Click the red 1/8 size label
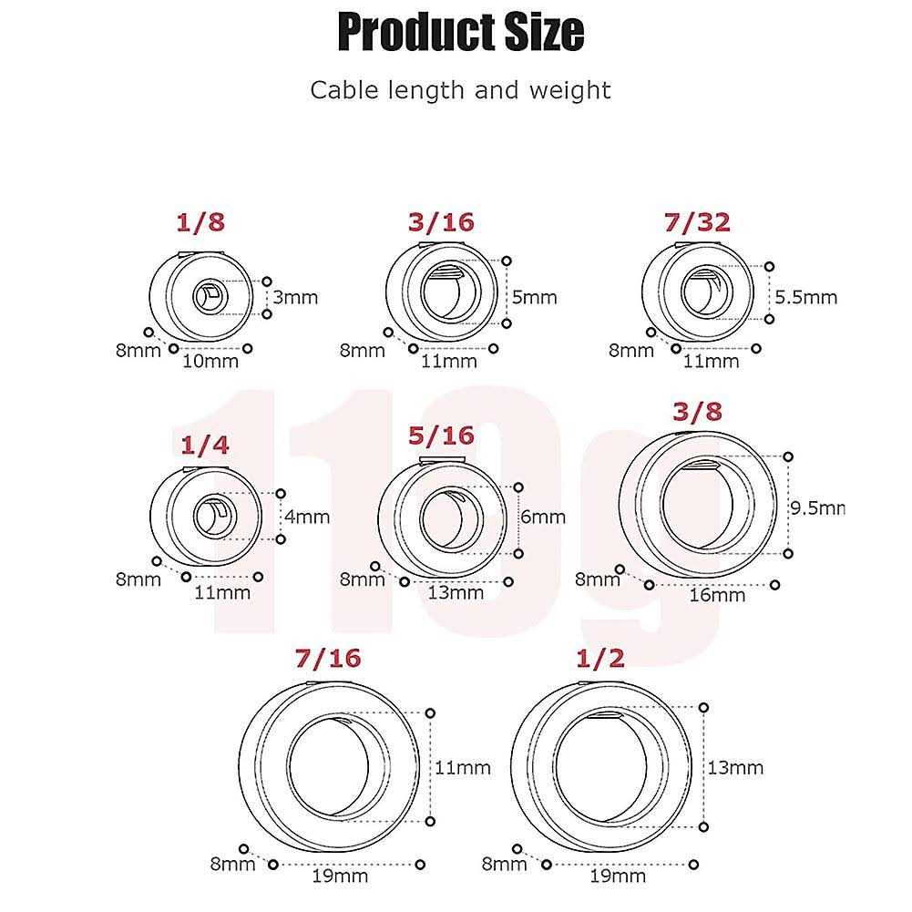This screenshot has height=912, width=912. pyautogui.click(x=200, y=222)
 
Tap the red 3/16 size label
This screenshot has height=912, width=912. pyautogui.click(x=441, y=222)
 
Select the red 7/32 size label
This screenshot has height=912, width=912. pyautogui.click(x=697, y=222)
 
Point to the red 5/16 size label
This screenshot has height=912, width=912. pyautogui.click(x=441, y=436)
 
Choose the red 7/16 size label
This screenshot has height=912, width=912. pyautogui.click(x=328, y=658)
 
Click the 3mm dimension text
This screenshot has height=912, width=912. pyautogui.click(x=295, y=297)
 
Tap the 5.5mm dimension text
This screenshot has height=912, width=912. pyautogui.click(x=806, y=297)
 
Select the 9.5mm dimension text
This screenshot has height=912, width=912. pyautogui.click(x=817, y=507)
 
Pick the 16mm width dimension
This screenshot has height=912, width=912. pyautogui.click(x=717, y=595)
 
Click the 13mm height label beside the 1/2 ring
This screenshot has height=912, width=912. pyautogui.click(x=735, y=768)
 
